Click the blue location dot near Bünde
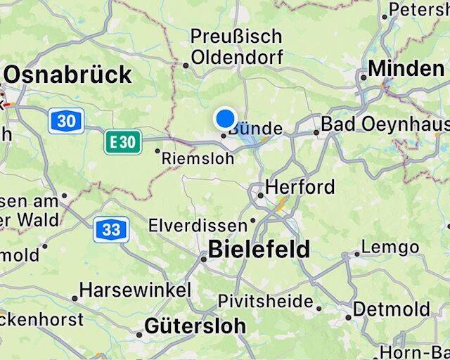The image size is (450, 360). [x=225, y=117]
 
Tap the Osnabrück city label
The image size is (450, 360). [x=67, y=75]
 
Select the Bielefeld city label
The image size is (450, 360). [x=259, y=249]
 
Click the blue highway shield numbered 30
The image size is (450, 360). [x=66, y=121]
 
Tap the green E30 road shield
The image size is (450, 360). [x=122, y=141]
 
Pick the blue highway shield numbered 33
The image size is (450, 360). [x=110, y=229]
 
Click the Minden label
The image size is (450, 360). [x=406, y=69]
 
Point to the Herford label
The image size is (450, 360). [x=300, y=188]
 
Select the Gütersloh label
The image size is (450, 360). [x=195, y=326]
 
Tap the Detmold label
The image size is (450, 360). [x=392, y=309]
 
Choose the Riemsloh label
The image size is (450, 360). [x=198, y=159]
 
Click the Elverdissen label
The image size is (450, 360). [x=198, y=226]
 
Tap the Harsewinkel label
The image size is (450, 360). [x=135, y=290]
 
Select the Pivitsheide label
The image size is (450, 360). [x=266, y=302]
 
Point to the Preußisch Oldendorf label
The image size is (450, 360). [x=236, y=46]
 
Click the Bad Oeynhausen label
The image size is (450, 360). [x=385, y=124]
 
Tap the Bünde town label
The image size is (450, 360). [x=255, y=129]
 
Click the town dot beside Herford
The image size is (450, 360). [x=260, y=195]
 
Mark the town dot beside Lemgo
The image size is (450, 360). [x=356, y=255]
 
